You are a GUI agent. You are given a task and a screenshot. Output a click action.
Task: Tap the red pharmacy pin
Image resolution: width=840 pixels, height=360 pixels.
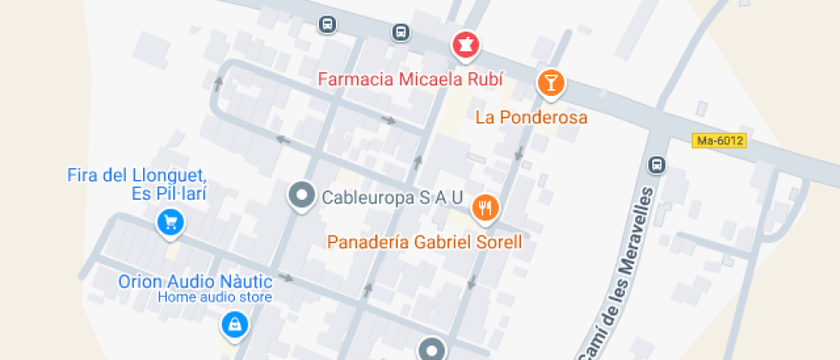coord(465,45)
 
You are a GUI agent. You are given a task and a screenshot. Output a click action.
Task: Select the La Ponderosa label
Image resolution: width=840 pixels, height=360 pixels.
coord(531,117)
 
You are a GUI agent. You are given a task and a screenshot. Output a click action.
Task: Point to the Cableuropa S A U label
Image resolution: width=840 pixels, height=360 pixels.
coord(392,198)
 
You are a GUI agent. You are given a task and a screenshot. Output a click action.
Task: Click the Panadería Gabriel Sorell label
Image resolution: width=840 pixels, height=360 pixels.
coord(424,243)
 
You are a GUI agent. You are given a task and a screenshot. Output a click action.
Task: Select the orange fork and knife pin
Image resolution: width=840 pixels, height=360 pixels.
coord(486,206)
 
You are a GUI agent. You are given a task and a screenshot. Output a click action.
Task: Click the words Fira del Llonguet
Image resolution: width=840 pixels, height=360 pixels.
coord(137,176)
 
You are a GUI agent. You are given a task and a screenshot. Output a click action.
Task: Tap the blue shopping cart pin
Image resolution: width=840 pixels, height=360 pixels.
coord(171,223)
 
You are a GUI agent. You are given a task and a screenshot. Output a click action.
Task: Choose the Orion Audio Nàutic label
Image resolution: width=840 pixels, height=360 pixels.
coord(195,281)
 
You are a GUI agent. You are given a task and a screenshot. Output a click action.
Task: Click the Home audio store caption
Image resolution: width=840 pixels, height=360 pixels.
coord(214,297)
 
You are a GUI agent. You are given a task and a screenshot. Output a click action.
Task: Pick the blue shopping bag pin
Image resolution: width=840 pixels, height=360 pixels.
coord(233,324)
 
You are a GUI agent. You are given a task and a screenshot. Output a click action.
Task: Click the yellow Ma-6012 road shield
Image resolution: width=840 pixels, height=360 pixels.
coord(719,141)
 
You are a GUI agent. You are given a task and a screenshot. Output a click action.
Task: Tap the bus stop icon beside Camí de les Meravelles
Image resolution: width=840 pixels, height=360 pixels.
coord(657,164)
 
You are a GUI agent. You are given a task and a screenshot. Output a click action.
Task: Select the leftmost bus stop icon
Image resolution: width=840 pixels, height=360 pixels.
coord(327,23)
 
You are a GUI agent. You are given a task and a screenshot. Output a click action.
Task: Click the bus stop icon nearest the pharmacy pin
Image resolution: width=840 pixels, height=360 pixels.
coord(400,32)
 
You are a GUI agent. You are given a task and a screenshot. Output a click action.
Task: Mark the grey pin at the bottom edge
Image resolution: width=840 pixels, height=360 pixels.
coord(432,349)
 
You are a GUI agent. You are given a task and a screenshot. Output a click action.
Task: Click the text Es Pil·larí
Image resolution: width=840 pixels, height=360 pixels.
coord(169,194)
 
